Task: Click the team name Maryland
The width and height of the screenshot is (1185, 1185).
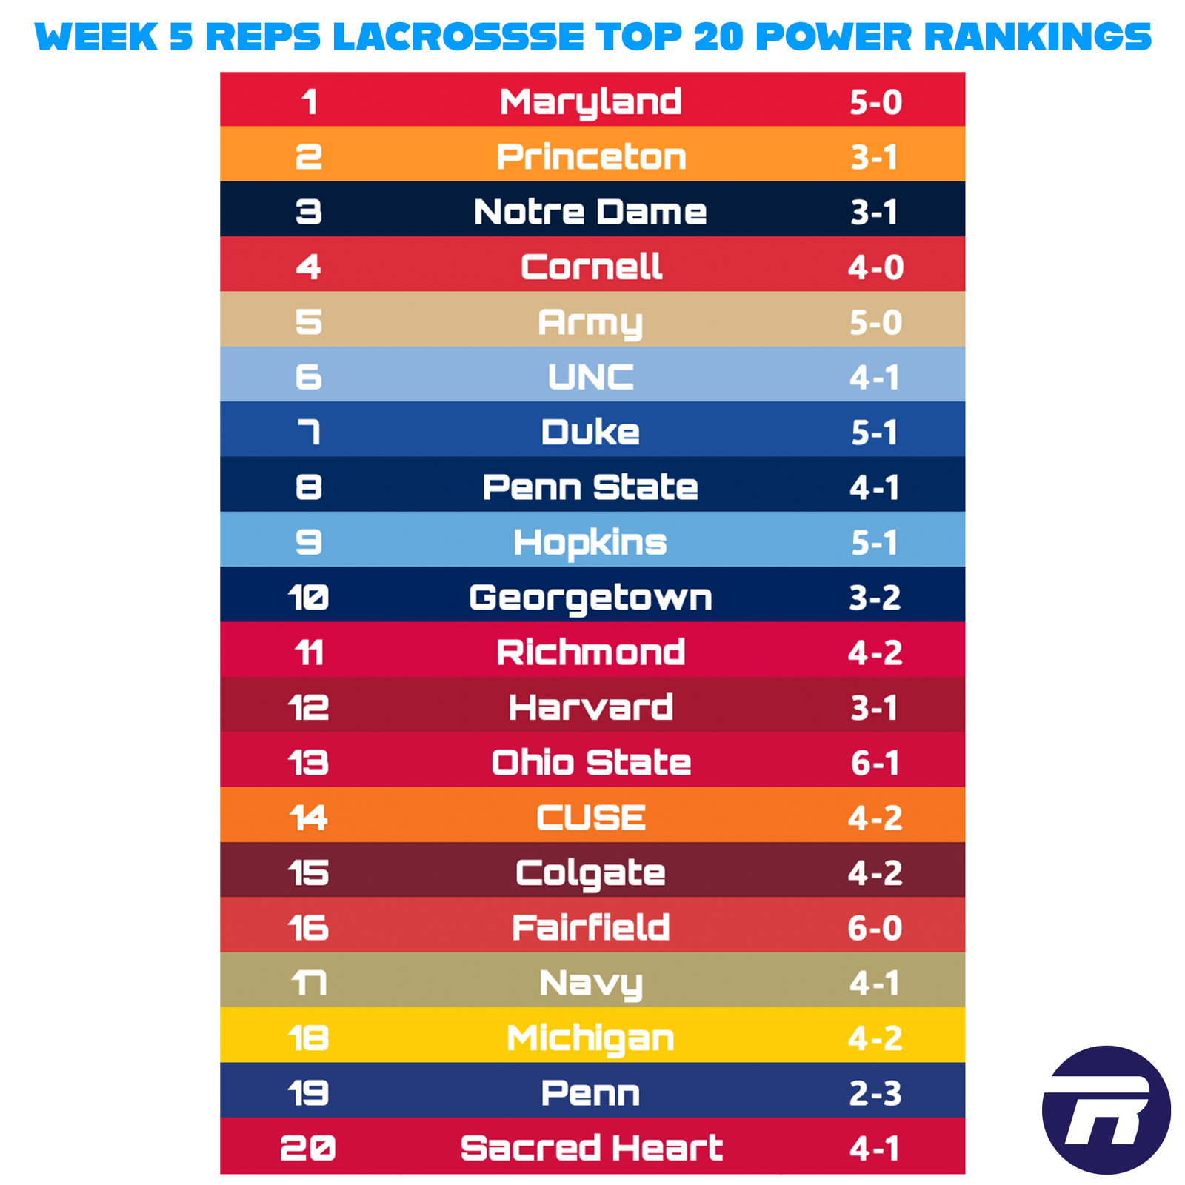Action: [590, 101]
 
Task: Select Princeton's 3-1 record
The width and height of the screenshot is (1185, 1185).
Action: [874, 157]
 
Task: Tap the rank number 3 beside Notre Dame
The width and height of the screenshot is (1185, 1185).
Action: [309, 212]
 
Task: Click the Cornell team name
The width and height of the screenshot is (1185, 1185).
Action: [590, 267]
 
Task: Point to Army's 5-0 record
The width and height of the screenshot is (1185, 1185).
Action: [875, 322]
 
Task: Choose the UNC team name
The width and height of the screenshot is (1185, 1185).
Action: [590, 377]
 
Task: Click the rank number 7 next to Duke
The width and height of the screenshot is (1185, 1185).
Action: [309, 432]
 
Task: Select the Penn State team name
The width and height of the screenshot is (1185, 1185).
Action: [590, 487]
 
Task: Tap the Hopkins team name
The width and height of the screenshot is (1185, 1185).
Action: [590, 542]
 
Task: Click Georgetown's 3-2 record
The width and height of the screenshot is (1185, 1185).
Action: [875, 598]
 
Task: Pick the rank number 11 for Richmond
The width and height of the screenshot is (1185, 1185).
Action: [309, 652]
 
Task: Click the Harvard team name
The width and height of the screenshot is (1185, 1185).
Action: [590, 707]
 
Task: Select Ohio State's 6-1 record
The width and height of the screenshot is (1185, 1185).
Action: [875, 763]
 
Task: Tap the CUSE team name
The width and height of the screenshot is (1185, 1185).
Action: [590, 818]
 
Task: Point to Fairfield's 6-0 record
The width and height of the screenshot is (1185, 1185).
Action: [875, 928]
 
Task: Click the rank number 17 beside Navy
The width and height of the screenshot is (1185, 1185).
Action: [309, 984]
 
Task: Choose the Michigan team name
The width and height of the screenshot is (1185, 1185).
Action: [590, 1038]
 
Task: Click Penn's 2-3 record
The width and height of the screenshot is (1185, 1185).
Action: [875, 1093]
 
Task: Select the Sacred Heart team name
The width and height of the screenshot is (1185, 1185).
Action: [590, 1148]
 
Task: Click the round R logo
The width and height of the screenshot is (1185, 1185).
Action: [1106, 1109]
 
